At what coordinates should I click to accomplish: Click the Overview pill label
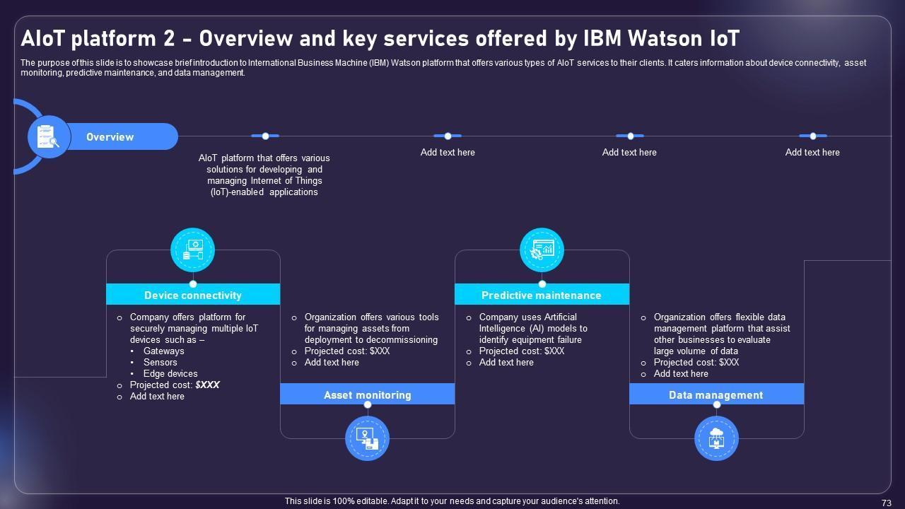tap(110, 137)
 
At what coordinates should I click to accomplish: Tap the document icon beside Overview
tap(48, 136)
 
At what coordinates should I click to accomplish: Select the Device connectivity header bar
tap(193, 295)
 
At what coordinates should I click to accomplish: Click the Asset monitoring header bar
tap(367, 394)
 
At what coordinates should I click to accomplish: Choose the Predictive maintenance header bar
tap(542, 295)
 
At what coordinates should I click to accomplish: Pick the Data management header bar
tap(716, 394)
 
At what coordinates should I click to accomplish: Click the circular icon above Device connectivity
tap(192, 250)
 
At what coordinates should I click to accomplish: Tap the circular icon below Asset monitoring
tap(367, 438)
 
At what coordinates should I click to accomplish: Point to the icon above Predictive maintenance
tap(542, 250)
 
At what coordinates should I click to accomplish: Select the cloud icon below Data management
tap(716, 438)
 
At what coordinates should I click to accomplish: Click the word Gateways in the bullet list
tap(164, 351)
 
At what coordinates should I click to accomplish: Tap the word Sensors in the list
tap(160, 362)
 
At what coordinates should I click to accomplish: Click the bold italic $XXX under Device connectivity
tap(208, 385)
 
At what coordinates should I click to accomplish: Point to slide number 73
tap(887, 503)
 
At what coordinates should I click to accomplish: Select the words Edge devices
tap(170, 373)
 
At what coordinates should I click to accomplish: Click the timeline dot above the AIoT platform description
tap(265, 136)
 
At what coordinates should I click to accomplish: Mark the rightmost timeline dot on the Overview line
tap(813, 136)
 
